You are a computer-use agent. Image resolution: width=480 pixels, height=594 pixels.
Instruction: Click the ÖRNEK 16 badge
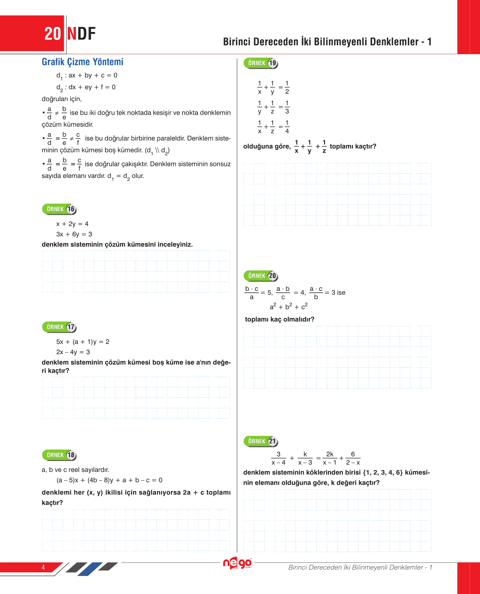(59, 209)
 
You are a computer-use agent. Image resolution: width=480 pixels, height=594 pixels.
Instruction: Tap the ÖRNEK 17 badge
(59, 327)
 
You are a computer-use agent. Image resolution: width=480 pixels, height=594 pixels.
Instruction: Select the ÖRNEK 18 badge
(59, 455)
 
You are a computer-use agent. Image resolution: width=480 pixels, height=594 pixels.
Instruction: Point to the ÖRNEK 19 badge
(261, 63)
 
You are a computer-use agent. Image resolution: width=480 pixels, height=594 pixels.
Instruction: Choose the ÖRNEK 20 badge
(261, 276)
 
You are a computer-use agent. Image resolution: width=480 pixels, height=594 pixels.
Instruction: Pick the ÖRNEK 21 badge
(261, 441)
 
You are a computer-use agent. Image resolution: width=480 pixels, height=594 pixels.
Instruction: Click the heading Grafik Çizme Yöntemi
(83, 62)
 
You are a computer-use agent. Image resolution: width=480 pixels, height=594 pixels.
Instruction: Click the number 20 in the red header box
(52, 34)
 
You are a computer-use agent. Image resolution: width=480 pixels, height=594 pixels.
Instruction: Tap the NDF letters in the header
(81, 34)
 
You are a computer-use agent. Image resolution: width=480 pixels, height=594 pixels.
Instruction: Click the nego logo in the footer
(237, 563)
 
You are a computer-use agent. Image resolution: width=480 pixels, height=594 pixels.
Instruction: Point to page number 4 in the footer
(43, 567)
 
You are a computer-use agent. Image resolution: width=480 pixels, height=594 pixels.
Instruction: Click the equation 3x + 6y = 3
(74, 234)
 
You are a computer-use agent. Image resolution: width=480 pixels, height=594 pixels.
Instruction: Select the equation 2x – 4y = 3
(73, 352)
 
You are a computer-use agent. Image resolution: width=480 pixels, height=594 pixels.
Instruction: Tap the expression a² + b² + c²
(288, 307)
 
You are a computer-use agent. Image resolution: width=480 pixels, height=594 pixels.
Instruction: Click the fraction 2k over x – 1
(330, 458)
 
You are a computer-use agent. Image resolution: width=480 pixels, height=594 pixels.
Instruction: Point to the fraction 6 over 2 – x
(353, 458)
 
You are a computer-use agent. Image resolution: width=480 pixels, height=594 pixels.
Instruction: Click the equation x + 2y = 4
(72, 224)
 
